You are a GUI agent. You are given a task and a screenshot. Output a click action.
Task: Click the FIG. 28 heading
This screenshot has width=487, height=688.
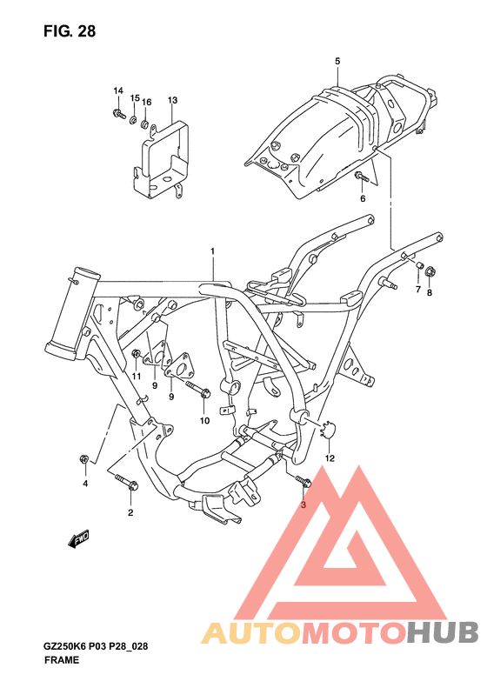[x=70, y=31]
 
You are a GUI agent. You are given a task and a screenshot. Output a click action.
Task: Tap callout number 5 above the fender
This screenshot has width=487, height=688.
[x=337, y=62]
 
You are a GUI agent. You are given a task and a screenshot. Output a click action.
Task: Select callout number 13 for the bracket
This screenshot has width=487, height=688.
[x=172, y=100]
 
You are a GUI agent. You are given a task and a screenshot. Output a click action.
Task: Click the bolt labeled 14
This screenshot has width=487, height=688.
[x=118, y=114]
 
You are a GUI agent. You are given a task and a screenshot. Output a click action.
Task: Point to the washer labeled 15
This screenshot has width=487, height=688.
[x=133, y=118]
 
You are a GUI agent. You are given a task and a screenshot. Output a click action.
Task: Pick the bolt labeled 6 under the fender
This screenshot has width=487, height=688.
[x=360, y=177]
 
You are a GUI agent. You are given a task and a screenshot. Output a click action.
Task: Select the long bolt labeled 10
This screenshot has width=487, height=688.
[x=198, y=390]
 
